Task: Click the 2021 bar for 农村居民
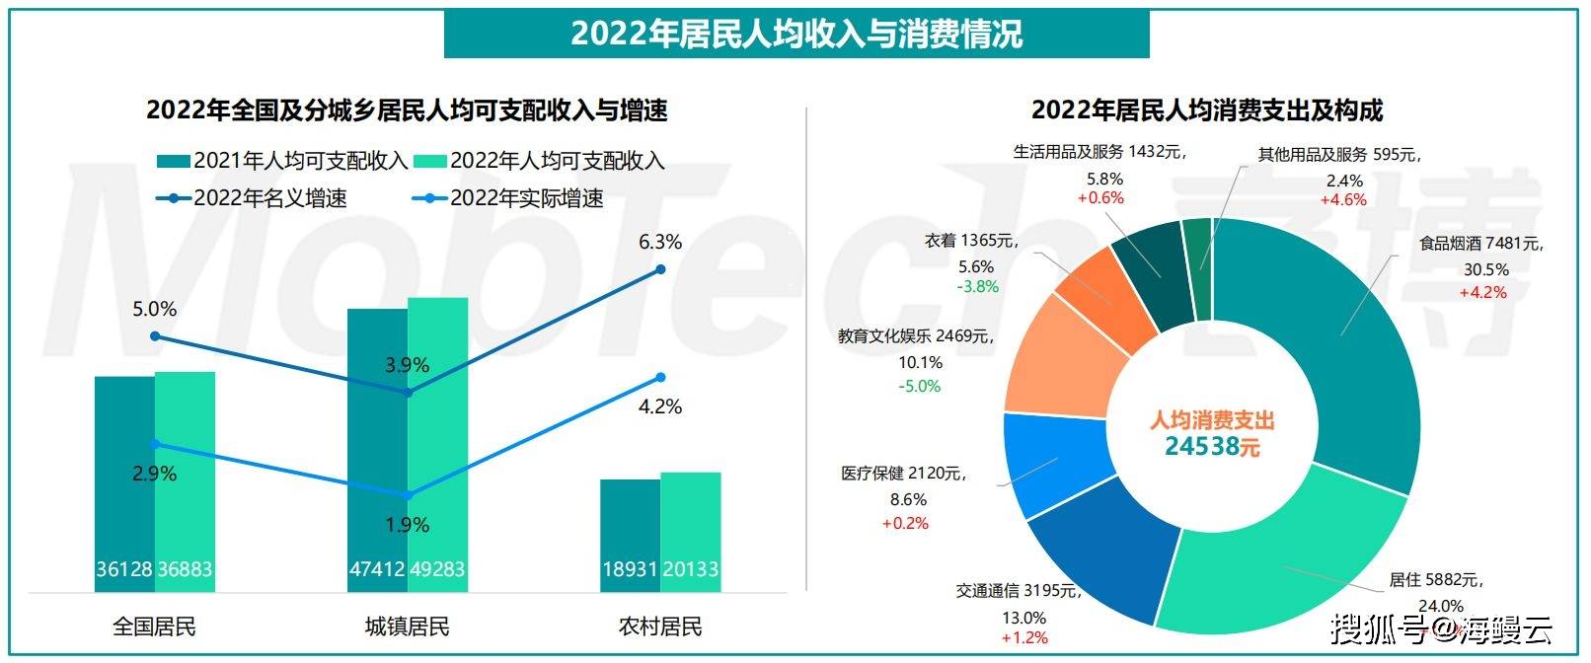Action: (630, 533)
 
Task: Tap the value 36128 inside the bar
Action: (124, 569)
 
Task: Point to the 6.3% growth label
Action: (660, 243)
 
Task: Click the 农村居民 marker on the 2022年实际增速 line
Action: (660, 377)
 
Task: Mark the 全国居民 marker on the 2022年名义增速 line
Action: (155, 336)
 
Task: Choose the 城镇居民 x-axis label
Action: (407, 626)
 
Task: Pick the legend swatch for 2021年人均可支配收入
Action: (173, 161)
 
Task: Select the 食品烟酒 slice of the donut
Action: (1342, 335)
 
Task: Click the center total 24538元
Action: (1212, 446)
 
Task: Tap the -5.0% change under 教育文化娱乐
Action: (919, 386)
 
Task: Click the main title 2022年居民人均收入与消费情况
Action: (795, 34)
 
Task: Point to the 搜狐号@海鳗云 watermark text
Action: (1440, 627)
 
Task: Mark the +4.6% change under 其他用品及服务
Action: (1343, 199)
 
